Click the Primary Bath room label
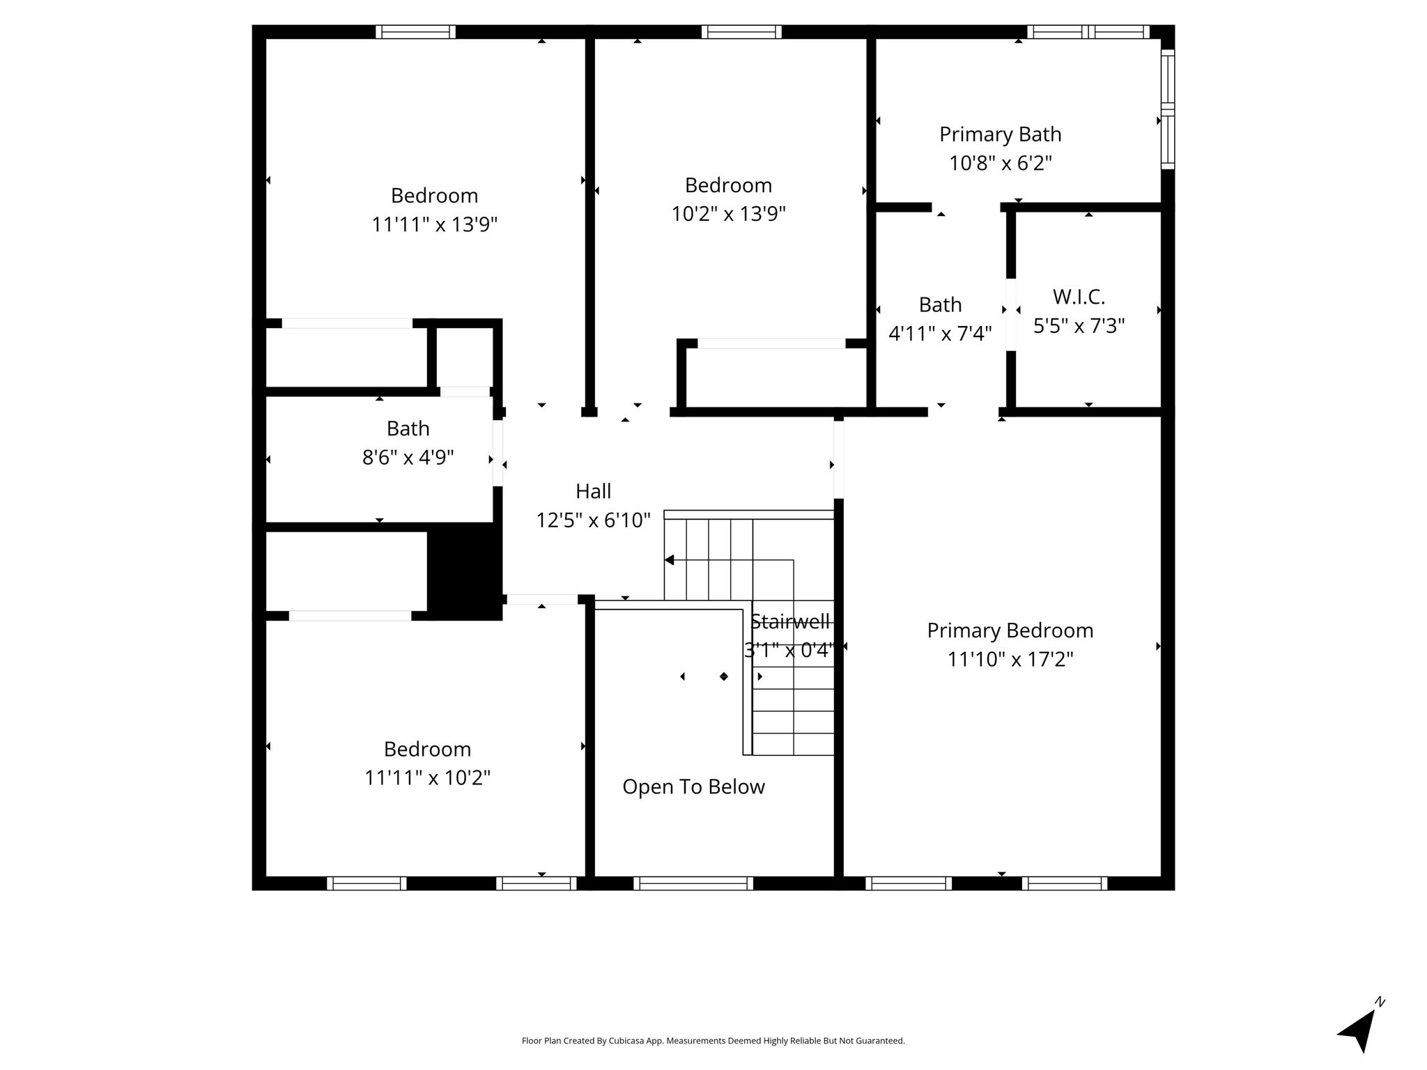tap(1000, 134)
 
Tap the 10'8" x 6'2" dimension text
tap(1000, 163)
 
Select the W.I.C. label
tap(1079, 297)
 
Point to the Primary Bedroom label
tap(1010, 630)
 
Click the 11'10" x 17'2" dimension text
tap(1010, 659)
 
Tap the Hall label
tap(593, 491)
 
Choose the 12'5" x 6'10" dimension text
tap(593, 520)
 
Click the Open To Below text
tap(693, 787)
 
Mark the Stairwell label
tap(789, 621)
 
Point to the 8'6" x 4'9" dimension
tap(408, 458)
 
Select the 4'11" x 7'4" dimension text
tap(940, 334)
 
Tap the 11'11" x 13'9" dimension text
tap(434, 224)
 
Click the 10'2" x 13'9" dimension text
tap(728, 214)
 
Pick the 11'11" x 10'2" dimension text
tap(427, 777)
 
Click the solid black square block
tap(465, 571)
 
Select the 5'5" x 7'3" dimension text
tap(1079, 326)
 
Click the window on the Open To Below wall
tap(693, 883)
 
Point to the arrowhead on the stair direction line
tap(669, 560)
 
